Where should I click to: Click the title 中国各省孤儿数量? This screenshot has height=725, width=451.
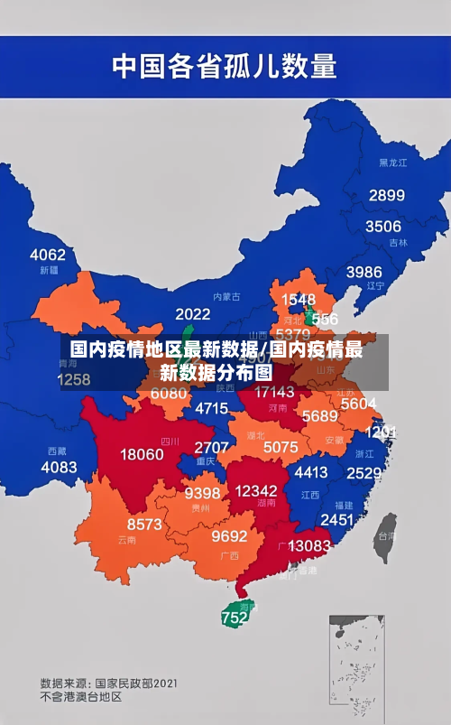point(224,65)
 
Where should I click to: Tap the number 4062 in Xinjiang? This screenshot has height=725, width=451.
point(48,254)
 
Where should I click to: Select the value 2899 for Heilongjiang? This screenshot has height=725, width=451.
point(386,195)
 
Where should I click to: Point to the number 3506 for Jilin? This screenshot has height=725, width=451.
point(382,226)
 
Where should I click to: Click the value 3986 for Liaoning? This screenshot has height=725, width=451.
point(364,271)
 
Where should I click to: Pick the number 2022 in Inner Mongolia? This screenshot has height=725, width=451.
point(192,314)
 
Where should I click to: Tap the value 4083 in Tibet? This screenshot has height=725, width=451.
point(59,467)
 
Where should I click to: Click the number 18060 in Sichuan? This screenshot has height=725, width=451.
point(143,454)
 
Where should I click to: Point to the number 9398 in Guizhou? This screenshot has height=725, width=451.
point(202,493)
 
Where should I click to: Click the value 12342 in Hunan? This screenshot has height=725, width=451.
point(255,490)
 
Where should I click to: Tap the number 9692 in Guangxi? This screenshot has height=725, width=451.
point(229,535)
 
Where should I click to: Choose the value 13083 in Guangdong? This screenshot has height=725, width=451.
point(309,545)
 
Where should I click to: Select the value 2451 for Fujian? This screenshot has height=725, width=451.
point(337,519)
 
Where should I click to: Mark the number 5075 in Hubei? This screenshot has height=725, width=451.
point(281,447)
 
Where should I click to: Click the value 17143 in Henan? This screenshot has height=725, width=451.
point(274,392)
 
